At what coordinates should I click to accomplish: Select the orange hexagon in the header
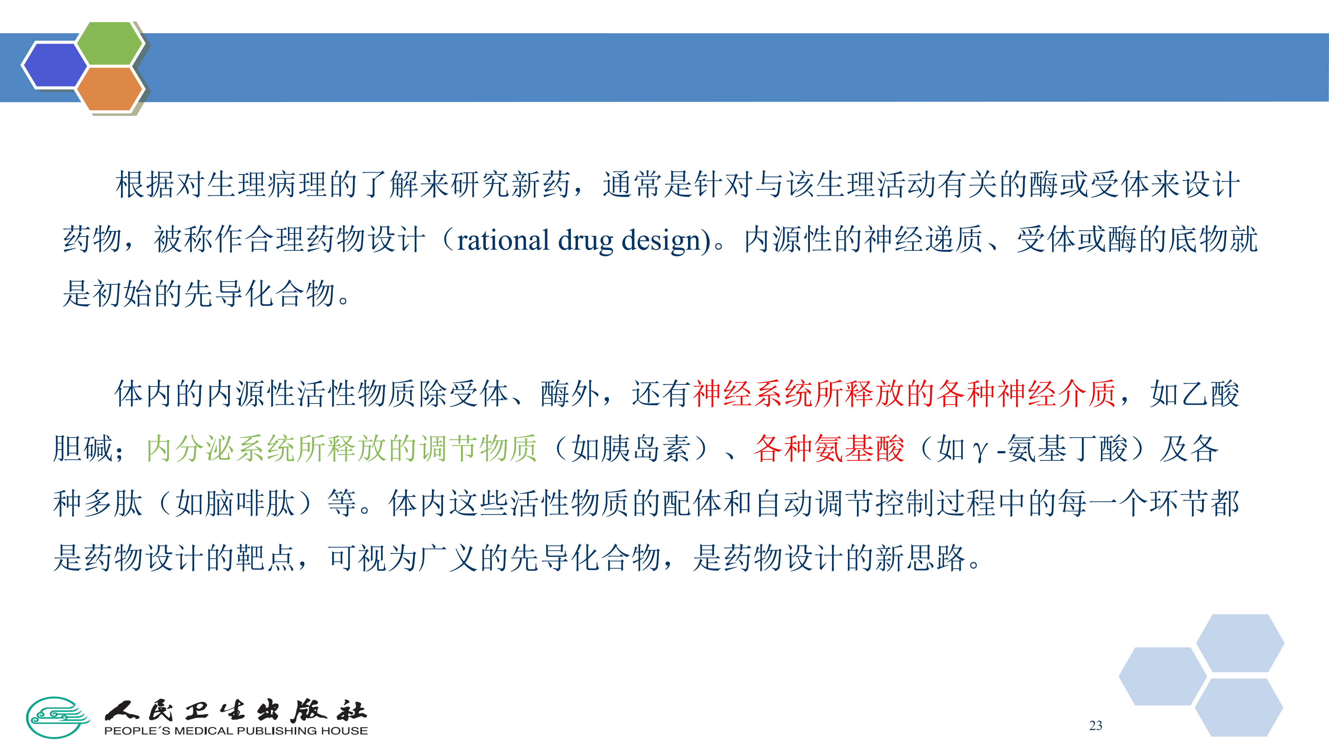(x=109, y=89)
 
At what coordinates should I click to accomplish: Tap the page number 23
(x=1096, y=725)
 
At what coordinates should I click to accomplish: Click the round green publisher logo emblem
(x=58, y=717)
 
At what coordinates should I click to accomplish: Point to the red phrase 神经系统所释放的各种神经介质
(x=904, y=393)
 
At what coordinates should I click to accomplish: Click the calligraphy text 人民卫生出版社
(x=236, y=710)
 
